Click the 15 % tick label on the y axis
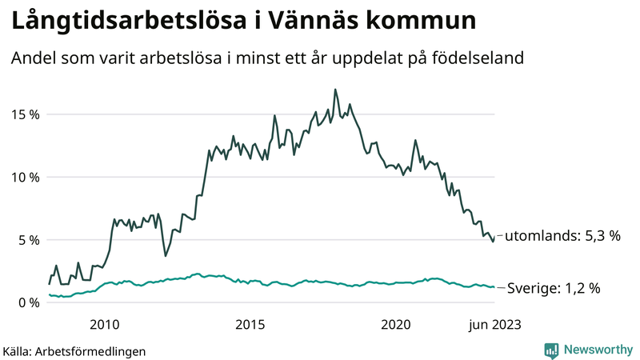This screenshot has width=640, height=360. tap(25, 114)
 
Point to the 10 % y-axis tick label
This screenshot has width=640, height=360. tap(25, 177)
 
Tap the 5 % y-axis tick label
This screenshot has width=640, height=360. tap(28, 239)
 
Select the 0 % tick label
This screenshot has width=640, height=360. tap(28, 302)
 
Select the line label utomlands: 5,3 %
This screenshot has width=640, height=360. tap(563, 235)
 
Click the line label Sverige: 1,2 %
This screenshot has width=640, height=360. tap(553, 288)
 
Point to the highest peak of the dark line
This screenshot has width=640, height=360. tap(335, 90)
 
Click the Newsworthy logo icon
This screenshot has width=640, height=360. tap(551, 350)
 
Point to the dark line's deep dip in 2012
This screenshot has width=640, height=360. tap(166, 255)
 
